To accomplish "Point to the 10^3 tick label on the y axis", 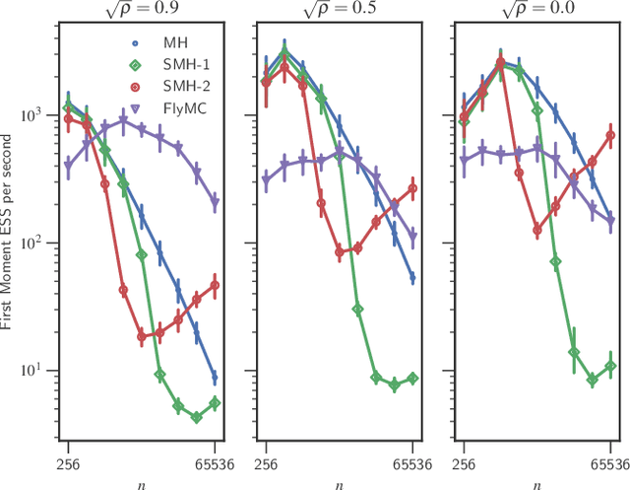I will pos(37,115).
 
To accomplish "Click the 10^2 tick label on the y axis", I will pos(37,244).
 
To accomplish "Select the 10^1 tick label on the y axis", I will pos(37,371).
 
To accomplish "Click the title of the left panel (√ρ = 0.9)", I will pos(140,12).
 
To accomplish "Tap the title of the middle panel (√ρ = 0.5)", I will pos(338,12).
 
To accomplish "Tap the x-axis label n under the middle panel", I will pos(338,482).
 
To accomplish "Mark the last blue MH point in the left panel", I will pos(215,378).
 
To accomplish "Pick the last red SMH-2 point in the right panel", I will pos(610,136).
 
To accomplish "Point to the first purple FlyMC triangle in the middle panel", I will pos(266,180).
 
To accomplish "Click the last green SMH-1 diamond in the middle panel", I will pos(412,379).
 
